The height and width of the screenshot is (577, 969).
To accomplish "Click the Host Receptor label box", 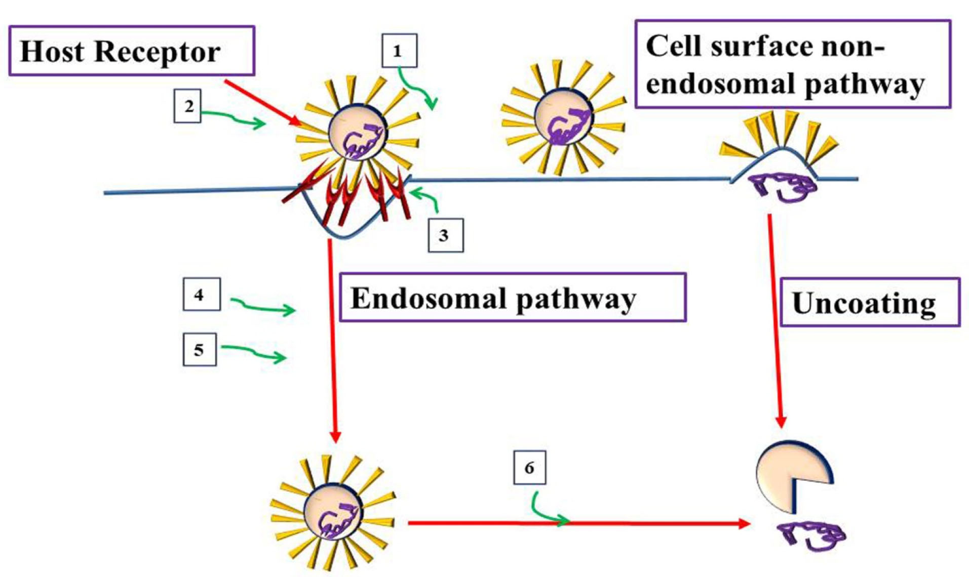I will (131, 51).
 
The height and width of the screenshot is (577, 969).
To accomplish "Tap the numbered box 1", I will (399, 51).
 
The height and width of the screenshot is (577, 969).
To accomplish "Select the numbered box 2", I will (187, 106).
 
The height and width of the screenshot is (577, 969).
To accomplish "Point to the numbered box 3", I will (445, 235).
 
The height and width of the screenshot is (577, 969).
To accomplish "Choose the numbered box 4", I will (201, 294).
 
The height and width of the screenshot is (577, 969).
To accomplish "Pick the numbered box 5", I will (199, 349).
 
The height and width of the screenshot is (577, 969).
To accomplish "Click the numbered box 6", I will (529, 467).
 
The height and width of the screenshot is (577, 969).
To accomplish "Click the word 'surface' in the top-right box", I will (761, 47).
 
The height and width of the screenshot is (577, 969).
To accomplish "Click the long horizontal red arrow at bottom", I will (577, 523).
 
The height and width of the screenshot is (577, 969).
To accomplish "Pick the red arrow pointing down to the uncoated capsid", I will (776, 319).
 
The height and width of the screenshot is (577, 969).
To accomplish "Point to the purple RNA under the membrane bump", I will (783, 186).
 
